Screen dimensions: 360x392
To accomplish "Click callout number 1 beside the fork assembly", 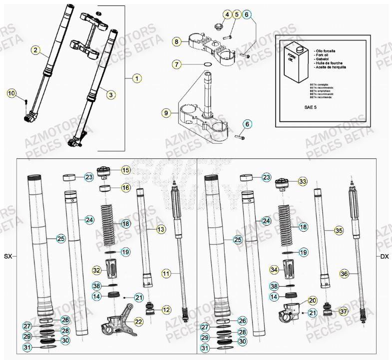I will click(137, 78).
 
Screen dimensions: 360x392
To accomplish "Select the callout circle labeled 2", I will click(35, 49).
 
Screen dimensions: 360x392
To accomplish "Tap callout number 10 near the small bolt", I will click(11, 93).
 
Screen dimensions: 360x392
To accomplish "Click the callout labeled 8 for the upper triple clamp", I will click(176, 42).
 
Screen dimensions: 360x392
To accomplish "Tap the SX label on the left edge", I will click(7, 257).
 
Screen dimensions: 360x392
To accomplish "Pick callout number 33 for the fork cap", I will click(303, 182).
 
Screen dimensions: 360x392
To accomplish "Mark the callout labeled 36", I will click(344, 274).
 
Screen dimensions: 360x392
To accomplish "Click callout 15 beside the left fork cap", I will click(126, 170).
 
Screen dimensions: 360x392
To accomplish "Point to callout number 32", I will click(97, 270).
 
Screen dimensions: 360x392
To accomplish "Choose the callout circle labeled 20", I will click(313, 301).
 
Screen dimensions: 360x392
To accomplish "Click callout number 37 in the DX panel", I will click(343, 312).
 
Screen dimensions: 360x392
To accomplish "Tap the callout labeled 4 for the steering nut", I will click(228, 15).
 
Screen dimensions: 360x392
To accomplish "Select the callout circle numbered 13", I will click(161, 229).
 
